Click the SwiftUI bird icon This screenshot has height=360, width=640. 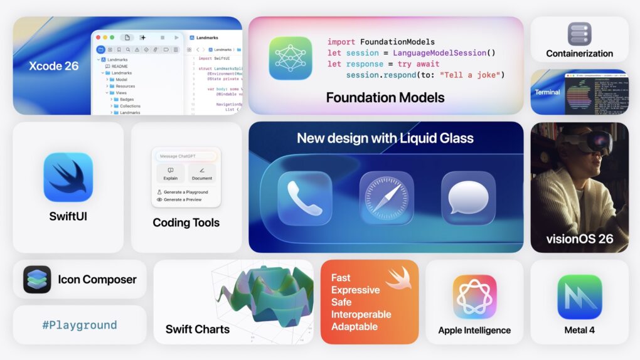[68, 177]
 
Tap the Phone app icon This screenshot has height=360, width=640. [304, 199]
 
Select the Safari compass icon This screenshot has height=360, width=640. [387, 199]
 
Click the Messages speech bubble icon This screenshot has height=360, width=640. [468, 199]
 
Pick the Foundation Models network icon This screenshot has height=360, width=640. [291, 58]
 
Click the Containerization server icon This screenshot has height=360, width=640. [579, 34]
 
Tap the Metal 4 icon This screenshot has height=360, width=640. [579, 297]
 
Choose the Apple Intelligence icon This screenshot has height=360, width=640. [474, 297]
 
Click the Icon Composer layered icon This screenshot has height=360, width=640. [37, 280]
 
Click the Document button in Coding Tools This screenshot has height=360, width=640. [202, 173]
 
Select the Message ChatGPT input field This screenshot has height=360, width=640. [186, 156]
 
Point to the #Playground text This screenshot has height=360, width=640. [80, 325]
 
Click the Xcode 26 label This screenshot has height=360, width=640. [54, 66]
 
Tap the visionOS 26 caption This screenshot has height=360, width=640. [579, 238]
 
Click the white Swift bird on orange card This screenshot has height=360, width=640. [398, 278]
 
